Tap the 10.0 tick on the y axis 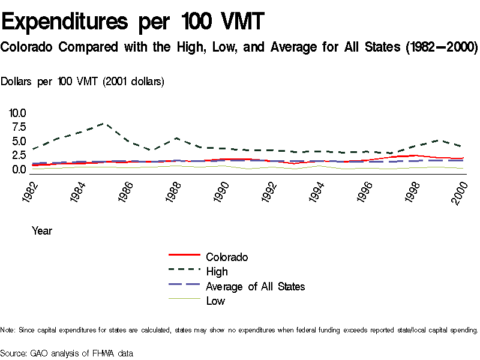pos(17,113)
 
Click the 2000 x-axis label pos(461,191)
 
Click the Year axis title pos(42,230)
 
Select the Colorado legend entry pos(227,257)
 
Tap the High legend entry pos(217,272)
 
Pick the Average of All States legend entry pos(255,286)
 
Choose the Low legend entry pos(215,301)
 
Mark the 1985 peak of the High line pos(104,124)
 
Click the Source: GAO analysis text pos(67,353)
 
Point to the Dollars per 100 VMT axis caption pos(83,82)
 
